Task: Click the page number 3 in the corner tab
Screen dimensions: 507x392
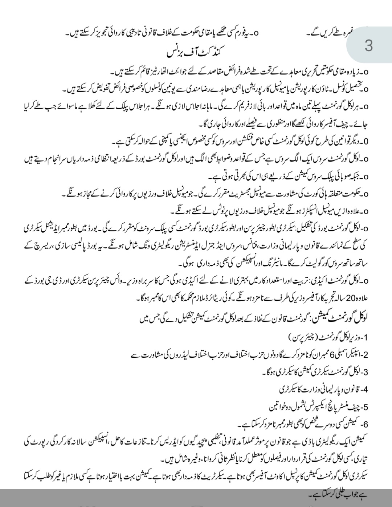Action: coord(369,46)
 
